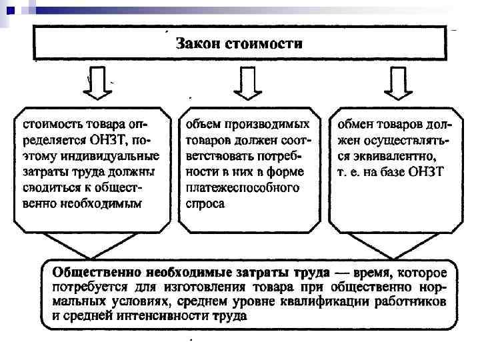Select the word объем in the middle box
(x=201, y=125)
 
